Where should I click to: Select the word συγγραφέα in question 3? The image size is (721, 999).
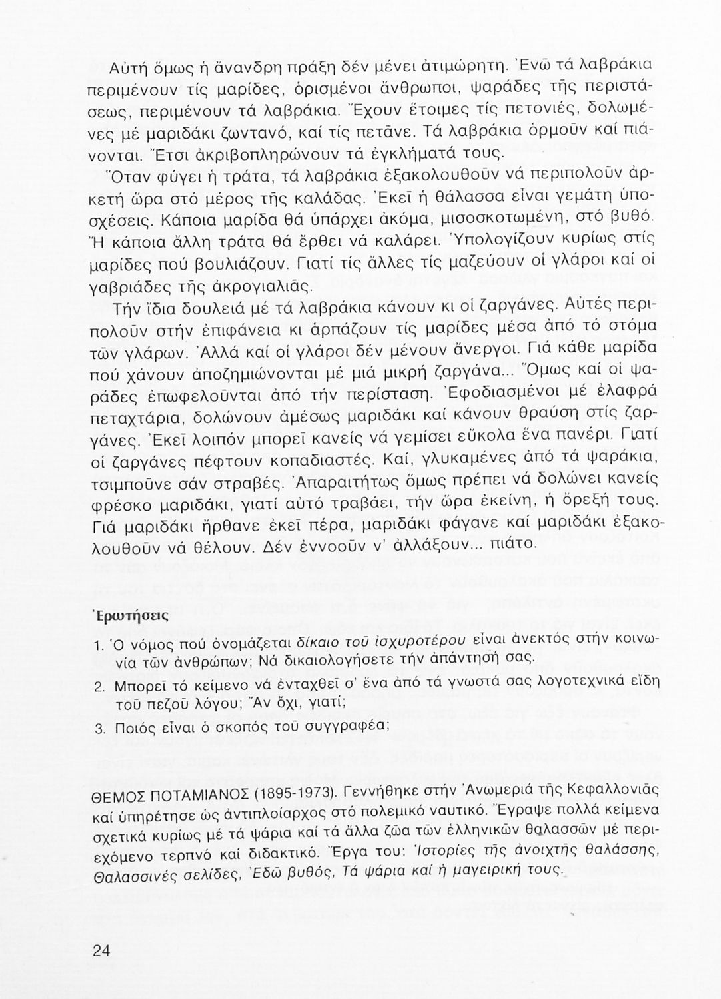click(349, 727)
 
